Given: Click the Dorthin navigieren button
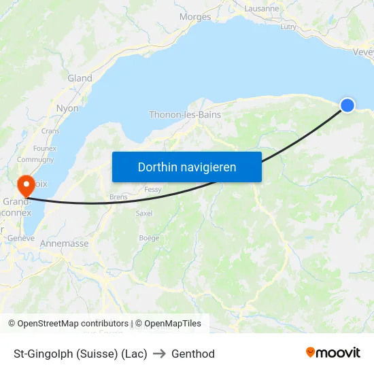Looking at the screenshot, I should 187,167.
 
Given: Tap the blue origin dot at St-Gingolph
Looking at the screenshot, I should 347,105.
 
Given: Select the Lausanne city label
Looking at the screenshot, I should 261,9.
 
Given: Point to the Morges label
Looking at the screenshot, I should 195,17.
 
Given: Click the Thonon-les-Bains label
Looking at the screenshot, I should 185,115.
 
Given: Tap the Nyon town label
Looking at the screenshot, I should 67,108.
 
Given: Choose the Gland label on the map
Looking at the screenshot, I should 80,78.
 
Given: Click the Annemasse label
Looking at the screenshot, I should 65,243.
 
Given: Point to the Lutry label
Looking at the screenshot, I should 288,27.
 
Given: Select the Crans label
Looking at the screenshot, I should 50,131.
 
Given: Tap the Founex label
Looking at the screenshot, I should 45,148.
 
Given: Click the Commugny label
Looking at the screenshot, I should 35,160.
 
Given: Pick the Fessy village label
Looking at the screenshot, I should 153,190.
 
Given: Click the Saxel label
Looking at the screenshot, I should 144,213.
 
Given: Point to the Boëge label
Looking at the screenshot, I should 149,238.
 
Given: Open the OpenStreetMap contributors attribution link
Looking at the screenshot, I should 73,324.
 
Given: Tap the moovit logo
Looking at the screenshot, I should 333,352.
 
